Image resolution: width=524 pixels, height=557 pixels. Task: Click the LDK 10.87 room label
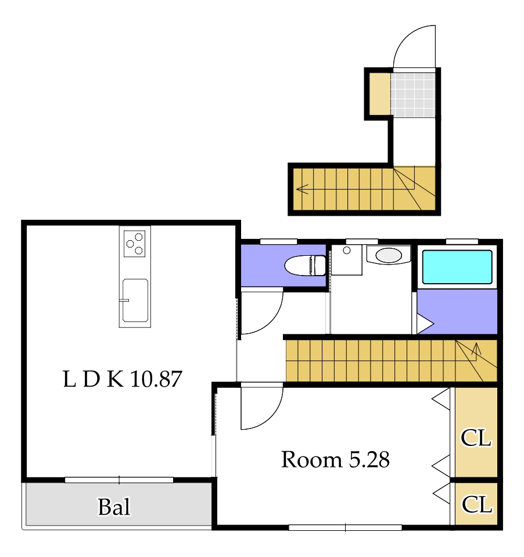click(123, 379)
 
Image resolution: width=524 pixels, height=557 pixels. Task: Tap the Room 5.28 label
click(335, 459)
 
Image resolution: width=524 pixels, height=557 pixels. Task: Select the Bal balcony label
click(114, 506)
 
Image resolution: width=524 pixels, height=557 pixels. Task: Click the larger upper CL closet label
click(476, 438)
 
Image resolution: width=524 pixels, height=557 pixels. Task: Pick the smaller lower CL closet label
click(477, 505)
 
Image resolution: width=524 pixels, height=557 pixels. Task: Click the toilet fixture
click(306, 265)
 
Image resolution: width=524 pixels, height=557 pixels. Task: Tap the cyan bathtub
click(457, 267)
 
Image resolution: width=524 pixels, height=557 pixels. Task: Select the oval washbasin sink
click(389, 255)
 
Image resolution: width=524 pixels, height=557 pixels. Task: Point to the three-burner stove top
click(135, 244)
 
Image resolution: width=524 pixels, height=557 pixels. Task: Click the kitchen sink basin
click(135, 300)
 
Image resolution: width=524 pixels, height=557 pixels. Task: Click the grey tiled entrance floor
click(413, 95)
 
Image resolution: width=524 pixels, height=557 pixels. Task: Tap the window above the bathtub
click(462, 241)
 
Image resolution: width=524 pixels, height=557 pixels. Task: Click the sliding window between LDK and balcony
click(119, 480)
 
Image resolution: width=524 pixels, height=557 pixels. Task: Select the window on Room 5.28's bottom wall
click(345, 527)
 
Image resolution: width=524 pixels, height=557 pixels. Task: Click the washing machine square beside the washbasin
click(346, 260)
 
